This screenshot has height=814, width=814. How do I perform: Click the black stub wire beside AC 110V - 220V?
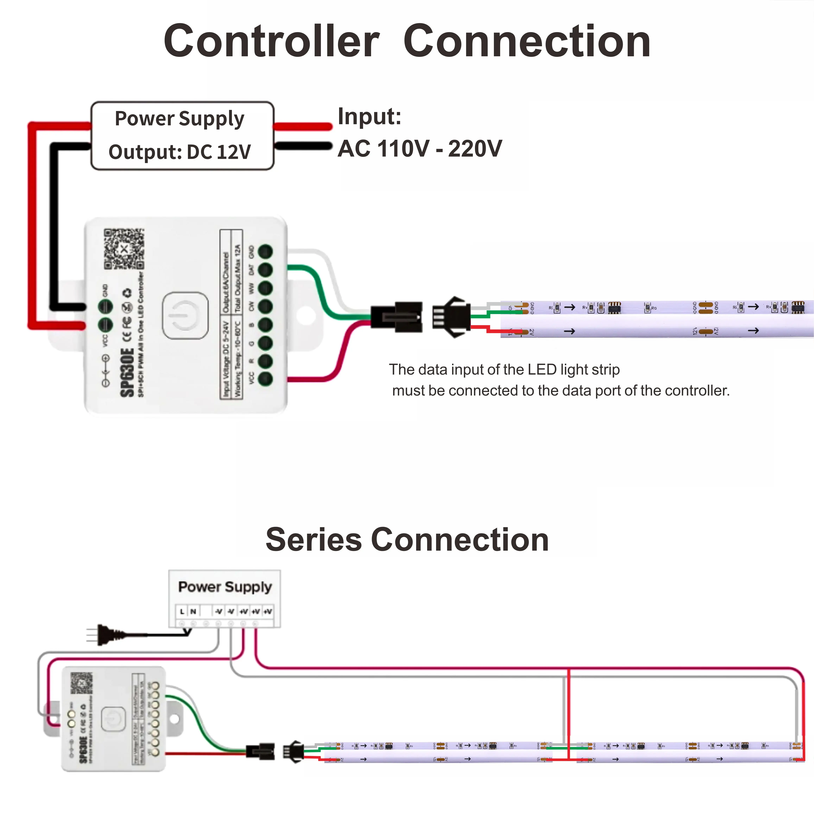coord(303,146)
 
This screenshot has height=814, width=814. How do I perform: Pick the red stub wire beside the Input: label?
coord(303,126)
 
